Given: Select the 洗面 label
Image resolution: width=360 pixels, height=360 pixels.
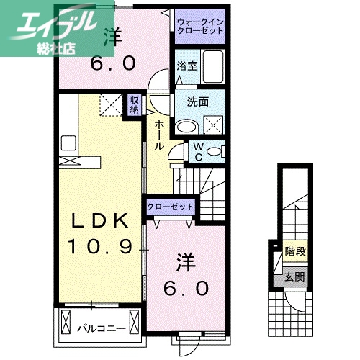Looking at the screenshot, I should coord(198,102).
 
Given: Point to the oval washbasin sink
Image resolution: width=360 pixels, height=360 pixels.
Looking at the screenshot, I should coord(186,127).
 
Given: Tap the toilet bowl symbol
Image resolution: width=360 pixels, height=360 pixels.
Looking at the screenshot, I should coord(217,152).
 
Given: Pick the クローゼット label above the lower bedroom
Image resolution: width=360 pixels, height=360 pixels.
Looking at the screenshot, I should coord(171,207).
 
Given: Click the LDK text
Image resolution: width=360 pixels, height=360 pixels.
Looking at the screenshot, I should coord(100,220).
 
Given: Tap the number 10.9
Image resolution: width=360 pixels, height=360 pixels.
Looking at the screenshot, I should coord(101,247).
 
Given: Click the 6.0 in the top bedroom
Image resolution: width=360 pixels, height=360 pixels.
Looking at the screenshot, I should coord(112,63).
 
